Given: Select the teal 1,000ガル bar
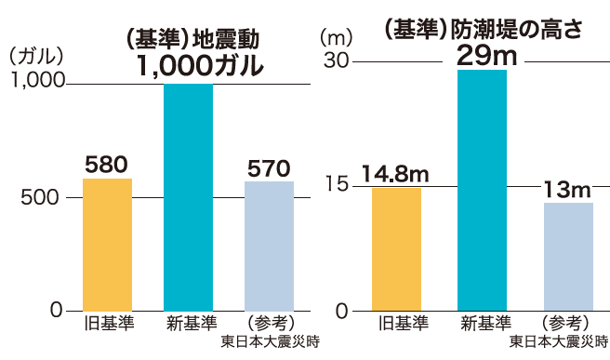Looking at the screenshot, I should [x=188, y=196].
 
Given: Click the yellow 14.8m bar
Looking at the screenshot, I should [x=396, y=248].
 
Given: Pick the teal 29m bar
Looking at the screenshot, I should [x=483, y=190].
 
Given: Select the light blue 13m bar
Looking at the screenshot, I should [x=568, y=256].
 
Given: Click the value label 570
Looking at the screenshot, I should [x=269, y=168].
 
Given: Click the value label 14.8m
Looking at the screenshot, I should [x=394, y=174].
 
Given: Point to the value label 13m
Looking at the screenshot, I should [x=567, y=190].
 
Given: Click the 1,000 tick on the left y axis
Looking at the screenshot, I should [x=36, y=83].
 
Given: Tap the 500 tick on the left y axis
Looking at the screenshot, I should [x=44, y=197].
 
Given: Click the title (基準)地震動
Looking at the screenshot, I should [x=191, y=39].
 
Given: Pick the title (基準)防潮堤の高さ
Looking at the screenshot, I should [x=483, y=28].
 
